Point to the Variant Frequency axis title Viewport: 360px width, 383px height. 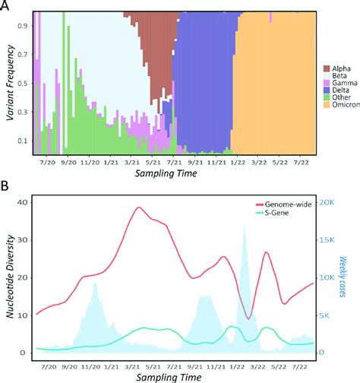pos(9,82)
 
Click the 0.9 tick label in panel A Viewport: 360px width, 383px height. pos(24,26)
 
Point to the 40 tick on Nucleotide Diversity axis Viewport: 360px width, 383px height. pos(21,202)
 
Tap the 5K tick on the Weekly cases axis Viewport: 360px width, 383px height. pos(323,315)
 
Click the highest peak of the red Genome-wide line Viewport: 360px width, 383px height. pos(138,207)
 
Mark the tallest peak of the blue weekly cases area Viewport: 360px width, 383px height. pos(244,228)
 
